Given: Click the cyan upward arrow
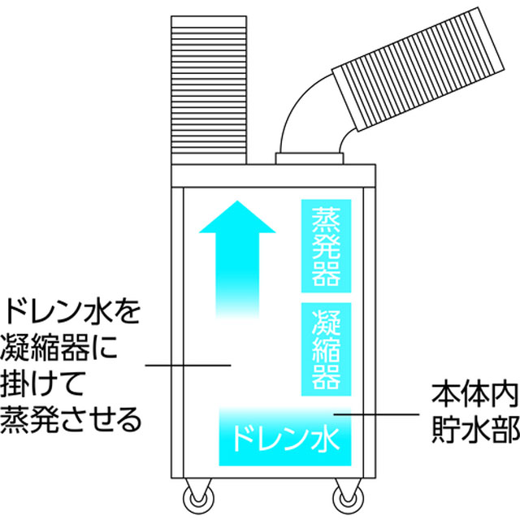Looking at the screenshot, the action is (x=237, y=258).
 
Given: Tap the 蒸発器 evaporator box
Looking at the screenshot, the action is (x=326, y=246).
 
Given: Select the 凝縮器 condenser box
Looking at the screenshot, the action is (x=326, y=349).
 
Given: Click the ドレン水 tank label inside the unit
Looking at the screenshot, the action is (x=285, y=439).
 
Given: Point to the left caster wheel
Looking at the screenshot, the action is (x=198, y=498).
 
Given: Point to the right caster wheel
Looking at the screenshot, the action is (x=349, y=498).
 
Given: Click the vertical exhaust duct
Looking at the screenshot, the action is (x=209, y=90).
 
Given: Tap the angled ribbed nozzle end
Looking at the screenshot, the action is (x=418, y=69).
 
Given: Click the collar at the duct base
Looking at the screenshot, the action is (x=310, y=158).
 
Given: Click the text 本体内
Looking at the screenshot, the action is (x=474, y=396).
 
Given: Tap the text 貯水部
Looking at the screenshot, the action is (x=475, y=429).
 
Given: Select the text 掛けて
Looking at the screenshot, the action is (x=41, y=383).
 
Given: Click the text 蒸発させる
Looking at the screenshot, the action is (x=71, y=419).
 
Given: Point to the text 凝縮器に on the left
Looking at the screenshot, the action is (x=59, y=347).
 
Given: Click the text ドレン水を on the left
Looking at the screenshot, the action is (x=73, y=311).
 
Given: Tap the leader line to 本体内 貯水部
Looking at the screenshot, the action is (x=376, y=414).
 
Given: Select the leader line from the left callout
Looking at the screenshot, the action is (x=188, y=366).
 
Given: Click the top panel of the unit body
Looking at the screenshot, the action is (x=274, y=175).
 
